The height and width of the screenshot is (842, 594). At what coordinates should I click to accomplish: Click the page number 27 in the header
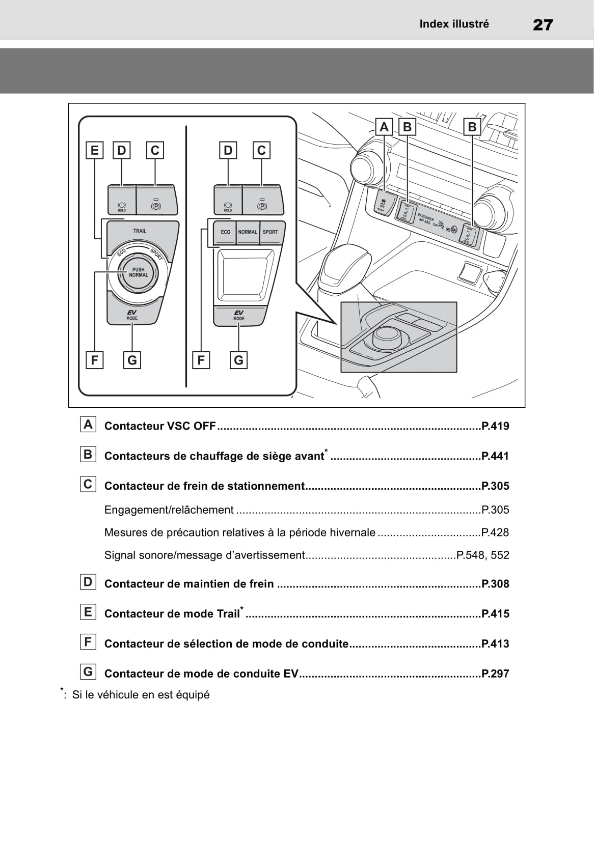tap(543, 24)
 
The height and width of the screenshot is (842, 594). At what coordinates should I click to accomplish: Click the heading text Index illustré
tap(454, 24)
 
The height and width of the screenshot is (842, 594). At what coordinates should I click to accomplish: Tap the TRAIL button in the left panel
tap(140, 232)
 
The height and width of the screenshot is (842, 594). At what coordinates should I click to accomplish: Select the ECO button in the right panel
tap(225, 232)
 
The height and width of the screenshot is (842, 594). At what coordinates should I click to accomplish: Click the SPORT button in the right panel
tap(271, 232)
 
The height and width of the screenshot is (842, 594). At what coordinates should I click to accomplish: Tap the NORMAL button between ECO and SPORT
tap(248, 232)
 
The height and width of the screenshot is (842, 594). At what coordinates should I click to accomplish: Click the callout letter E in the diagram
tap(94, 150)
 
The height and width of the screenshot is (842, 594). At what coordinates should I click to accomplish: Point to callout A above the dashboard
tap(384, 127)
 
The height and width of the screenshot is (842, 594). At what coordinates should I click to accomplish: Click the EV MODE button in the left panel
tap(132, 315)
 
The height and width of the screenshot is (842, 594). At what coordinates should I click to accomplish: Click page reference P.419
tap(495, 426)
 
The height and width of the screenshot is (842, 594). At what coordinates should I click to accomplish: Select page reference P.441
tap(495, 456)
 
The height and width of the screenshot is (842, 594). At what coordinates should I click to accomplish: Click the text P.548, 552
tap(483, 555)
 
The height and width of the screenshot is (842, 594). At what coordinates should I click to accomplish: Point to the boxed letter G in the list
tap(88, 672)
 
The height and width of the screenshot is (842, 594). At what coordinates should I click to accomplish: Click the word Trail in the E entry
tap(228, 614)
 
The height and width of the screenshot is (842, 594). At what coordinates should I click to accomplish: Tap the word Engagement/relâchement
tap(169, 510)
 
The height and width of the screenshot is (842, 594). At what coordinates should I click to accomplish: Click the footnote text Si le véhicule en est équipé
tap(141, 695)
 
